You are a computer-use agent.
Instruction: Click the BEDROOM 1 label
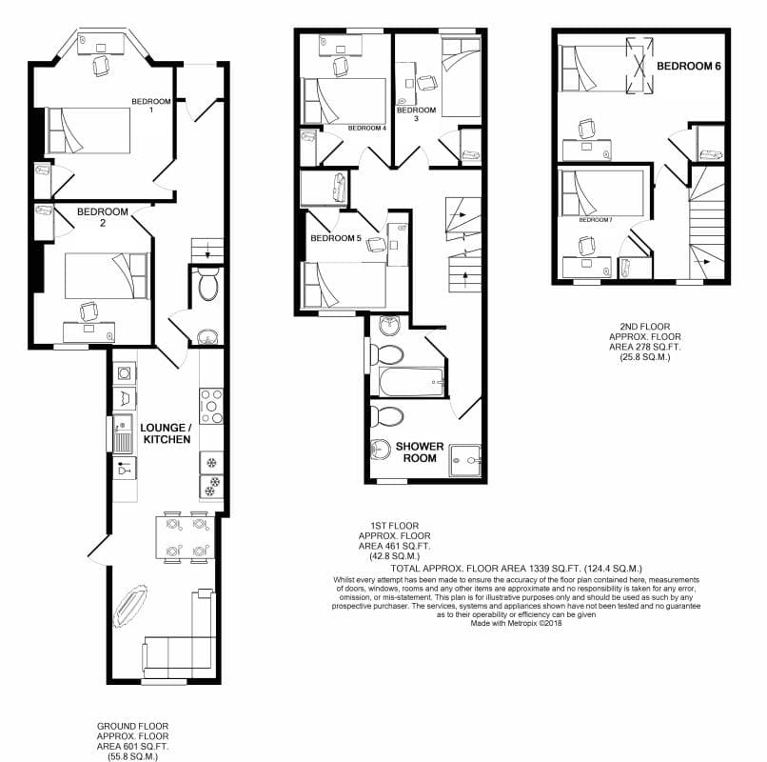[x=150, y=106]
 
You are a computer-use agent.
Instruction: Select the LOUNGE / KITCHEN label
[x=166, y=434]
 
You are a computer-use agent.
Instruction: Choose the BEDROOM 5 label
[x=334, y=238]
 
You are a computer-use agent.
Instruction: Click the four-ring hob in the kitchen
[x=210, y=406]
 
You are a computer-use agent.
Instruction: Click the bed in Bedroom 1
[x=88, y=130]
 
